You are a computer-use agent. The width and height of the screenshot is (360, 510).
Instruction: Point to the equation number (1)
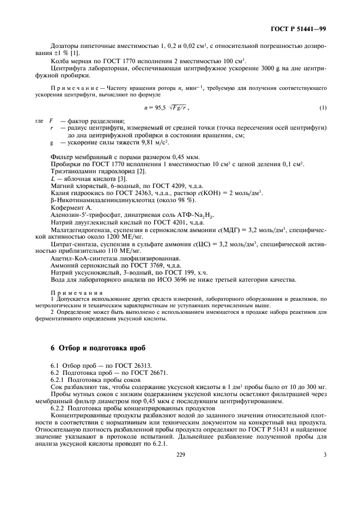click(x=323, y=108)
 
